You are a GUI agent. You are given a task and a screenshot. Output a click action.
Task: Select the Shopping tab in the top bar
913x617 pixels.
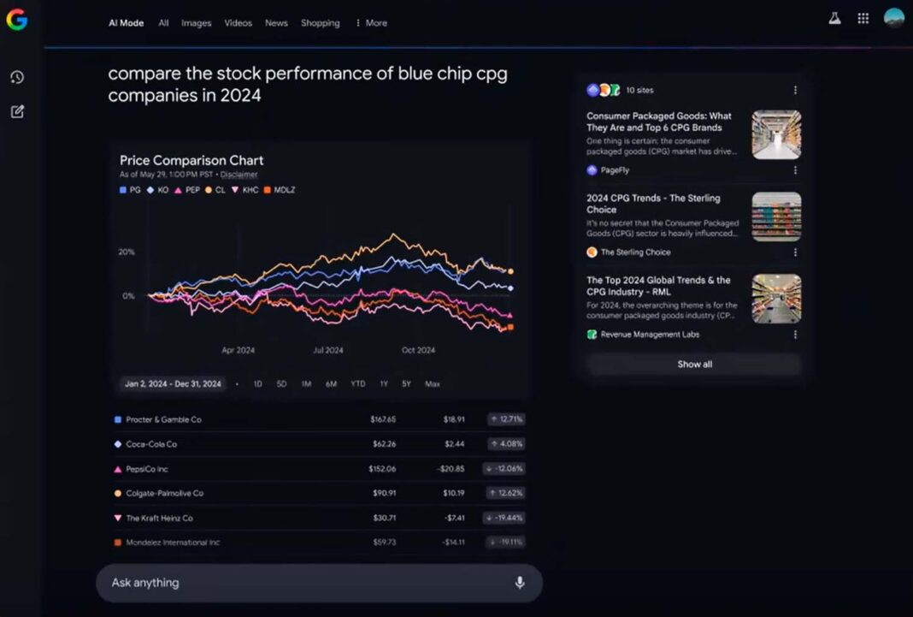[x=320, y=23]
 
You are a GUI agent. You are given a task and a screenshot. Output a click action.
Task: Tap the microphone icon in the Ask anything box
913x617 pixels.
[x=519, y=583]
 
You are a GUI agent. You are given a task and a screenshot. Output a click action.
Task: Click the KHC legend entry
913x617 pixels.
[x=245, y=190]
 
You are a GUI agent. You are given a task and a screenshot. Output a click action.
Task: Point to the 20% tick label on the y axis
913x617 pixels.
[x=127, y=252]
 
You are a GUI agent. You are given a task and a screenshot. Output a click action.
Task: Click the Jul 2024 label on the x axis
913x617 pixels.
[x=327, y=350]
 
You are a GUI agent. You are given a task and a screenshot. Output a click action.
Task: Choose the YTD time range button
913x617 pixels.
[x=357, y=384]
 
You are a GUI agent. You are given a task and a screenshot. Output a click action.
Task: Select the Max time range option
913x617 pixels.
[x=433, y=384]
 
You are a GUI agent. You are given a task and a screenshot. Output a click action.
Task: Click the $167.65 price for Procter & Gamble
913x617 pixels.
[x=383, y=419]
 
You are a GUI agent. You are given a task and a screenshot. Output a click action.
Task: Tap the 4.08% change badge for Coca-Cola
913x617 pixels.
[x=506, y=444]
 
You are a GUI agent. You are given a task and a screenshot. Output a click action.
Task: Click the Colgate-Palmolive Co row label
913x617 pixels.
[x=164, y=493]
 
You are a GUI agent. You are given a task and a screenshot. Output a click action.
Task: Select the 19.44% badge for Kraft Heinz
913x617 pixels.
[x=506, y=518]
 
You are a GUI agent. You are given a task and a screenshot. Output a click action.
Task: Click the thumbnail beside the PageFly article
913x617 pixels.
[x=776, y=134]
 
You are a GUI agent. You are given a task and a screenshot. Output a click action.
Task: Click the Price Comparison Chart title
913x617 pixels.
[x=191, y=160]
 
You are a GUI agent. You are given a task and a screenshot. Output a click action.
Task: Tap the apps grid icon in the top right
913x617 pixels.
[x=863, y=18]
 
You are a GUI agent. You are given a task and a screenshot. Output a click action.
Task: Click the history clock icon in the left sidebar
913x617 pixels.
[x=17, y=78]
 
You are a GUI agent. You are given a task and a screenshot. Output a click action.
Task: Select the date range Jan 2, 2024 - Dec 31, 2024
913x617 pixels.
[x=173, y=384]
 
